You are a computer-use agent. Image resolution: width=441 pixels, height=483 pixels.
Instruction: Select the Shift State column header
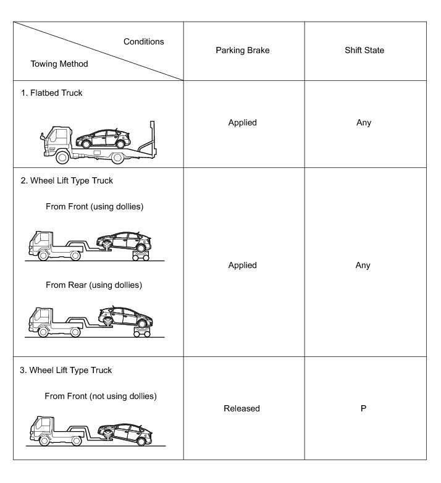pos(364,50)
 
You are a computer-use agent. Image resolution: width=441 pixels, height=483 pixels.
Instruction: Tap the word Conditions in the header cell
pos(143,41)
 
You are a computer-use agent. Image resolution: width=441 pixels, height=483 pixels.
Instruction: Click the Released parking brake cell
pos(241,408)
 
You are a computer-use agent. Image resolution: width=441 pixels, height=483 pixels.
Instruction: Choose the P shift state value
pos(363,408)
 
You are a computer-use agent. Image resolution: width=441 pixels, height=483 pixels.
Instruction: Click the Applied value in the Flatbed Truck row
pos(241,122)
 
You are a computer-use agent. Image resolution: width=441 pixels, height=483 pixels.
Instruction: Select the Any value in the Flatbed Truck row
pos(364,122)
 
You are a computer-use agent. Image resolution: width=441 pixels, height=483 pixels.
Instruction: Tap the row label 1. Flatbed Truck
pos(56,93)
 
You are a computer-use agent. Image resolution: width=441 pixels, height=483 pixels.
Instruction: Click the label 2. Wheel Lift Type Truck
pos(71,181)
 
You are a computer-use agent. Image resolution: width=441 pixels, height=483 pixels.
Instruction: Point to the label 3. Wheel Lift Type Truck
pos(71,370)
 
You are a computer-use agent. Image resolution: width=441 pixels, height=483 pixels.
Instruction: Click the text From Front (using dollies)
pos(94,207)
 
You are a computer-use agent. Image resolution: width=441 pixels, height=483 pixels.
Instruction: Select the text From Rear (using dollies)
pos(94,285)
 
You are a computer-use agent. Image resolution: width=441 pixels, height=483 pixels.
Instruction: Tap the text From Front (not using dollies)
pos(101,396)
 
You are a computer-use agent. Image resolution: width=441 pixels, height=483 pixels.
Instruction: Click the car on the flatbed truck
pos(103,137)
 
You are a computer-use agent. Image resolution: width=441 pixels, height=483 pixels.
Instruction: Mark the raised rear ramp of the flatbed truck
pos(146,137)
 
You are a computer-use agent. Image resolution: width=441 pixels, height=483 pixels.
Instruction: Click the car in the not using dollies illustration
pos(127,430)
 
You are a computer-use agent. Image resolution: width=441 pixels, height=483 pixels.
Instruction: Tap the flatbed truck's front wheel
pos(63,158)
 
